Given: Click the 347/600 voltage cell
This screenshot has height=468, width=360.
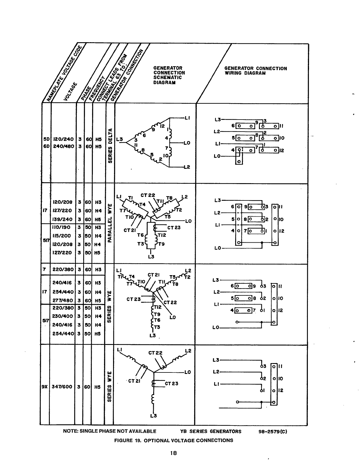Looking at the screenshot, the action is [62, 387].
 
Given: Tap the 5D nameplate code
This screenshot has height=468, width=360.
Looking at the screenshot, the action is [45, 139].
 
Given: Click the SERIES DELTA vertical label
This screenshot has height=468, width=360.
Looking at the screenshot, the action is [110, 145].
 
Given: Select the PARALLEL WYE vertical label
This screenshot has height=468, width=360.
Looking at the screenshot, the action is [110, 223].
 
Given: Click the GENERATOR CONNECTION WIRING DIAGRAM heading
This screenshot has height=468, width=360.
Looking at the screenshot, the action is [255, 71].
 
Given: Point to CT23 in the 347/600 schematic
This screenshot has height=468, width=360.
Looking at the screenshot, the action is [172, 384].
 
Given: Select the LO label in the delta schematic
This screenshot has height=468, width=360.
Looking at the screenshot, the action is [187, 143].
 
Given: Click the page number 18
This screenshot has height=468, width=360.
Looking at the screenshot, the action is [173, 453].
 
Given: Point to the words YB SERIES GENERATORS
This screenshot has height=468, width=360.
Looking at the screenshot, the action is [211, 431].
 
